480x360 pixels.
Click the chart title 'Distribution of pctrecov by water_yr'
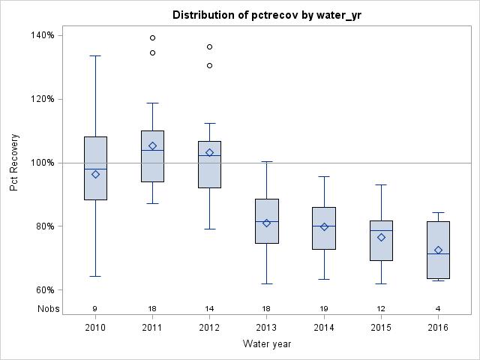pos(266,15)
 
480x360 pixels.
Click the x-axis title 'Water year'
pos(266,343)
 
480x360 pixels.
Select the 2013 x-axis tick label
pos(267,328)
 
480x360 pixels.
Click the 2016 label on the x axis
pos(438,328)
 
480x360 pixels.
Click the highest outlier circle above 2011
pos(152,37)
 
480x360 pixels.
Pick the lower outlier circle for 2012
pos(210,65)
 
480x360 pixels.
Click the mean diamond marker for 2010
pos(95,174)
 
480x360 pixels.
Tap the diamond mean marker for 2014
pos(324,226)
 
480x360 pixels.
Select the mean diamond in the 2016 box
pos(438,250)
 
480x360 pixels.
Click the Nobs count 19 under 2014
pos(324,308)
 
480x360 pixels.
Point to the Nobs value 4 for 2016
pos(438,308)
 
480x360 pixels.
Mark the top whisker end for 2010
pos(95,55)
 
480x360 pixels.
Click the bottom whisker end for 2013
pos(267,283)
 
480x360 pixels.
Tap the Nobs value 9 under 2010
pos(95,308)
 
